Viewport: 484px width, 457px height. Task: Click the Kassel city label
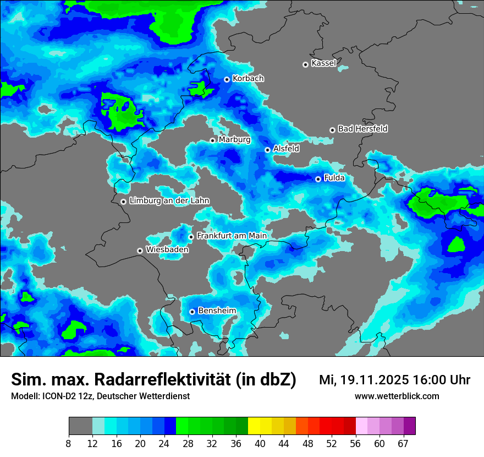click(323, 63)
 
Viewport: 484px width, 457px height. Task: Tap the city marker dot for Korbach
click(227, 79)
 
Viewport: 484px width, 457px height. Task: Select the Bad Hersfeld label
click(362, 129)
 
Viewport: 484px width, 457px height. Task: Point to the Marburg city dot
click(212, 140)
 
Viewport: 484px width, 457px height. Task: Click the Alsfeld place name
click(286, 149)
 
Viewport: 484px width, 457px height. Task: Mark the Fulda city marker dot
click(318, 179)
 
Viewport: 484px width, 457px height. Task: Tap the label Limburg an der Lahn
click(169, 201)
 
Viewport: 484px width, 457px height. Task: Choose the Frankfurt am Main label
click(232, 236)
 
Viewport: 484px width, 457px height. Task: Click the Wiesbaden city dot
click(140, 251)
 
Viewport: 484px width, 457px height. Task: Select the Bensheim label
click(217, 311)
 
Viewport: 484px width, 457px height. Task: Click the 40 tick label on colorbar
click(260, 444)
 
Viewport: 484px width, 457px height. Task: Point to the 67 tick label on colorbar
click(403, 444)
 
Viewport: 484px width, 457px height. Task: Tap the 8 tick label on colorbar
click(69, 444)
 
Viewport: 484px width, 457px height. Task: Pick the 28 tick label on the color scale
click(188, 444)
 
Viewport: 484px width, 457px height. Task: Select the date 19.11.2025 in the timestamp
click(374, 380)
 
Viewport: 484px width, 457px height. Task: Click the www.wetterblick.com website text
click(397, 396)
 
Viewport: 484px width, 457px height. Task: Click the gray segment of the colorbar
click(80, 426)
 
